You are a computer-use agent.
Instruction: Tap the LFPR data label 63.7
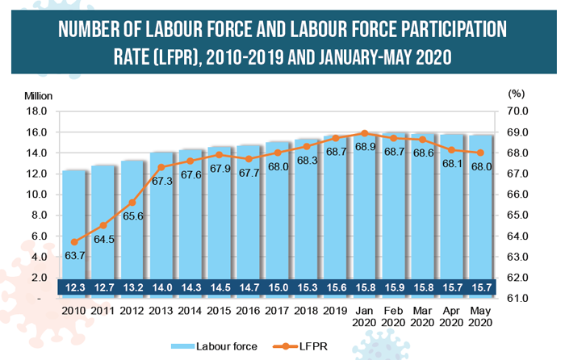[74, 255]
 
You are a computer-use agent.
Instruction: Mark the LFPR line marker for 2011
[103, 225]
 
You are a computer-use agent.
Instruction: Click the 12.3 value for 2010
[74, 287]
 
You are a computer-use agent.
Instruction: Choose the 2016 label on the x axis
[249, 310]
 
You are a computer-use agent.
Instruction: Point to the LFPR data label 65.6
[132, 216]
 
